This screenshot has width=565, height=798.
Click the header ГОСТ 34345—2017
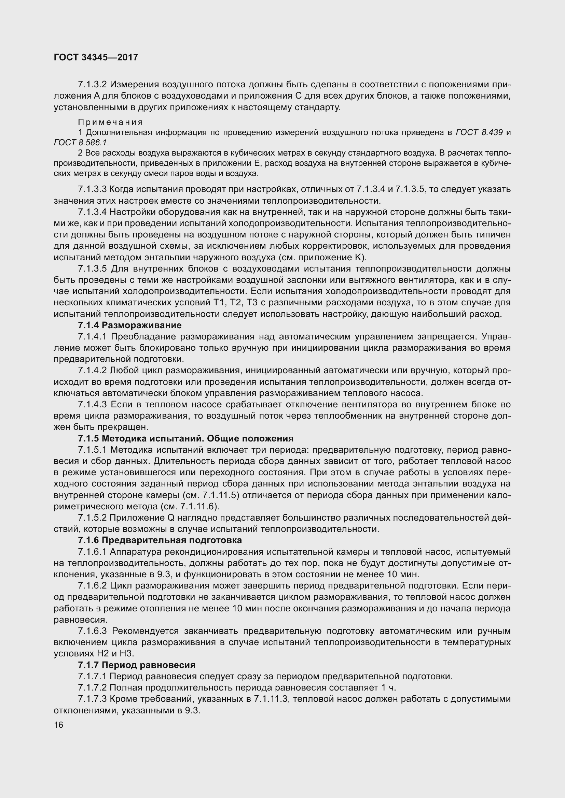point(96,57)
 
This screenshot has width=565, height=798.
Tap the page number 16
point(58,725)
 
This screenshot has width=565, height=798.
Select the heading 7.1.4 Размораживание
point(129,325)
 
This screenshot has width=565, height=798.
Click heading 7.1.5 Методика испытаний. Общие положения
point(185,439)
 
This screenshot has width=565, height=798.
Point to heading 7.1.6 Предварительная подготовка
point(160,540)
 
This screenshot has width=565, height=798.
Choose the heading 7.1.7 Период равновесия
point(136,665)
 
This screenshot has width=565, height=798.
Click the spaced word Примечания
point(110,122)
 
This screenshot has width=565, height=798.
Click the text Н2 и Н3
point(94,654)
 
